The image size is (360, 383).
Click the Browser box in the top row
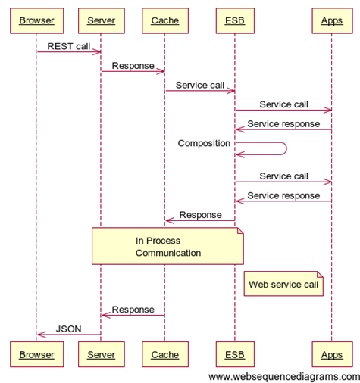37,20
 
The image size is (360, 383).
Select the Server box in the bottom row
102,354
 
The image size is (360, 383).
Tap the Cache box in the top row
165,20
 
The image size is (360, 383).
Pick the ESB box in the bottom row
235,354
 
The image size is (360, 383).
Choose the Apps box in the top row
332,20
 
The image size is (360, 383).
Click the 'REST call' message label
69,46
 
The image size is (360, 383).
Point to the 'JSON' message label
69,329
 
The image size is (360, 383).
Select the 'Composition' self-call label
204,143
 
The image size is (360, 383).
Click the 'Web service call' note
283,284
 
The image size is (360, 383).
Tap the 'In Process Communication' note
167,246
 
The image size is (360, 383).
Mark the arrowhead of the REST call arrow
99,52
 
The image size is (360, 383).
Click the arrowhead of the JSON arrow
39,335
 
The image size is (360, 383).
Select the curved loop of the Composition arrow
286,148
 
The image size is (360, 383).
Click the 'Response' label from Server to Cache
133,66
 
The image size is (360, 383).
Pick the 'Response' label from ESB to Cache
200,215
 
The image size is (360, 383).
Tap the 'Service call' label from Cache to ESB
200,86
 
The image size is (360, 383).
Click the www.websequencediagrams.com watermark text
284,377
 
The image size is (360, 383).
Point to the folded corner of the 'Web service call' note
321,274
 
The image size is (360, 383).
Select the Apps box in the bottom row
332,354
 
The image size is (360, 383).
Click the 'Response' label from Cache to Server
133,310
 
